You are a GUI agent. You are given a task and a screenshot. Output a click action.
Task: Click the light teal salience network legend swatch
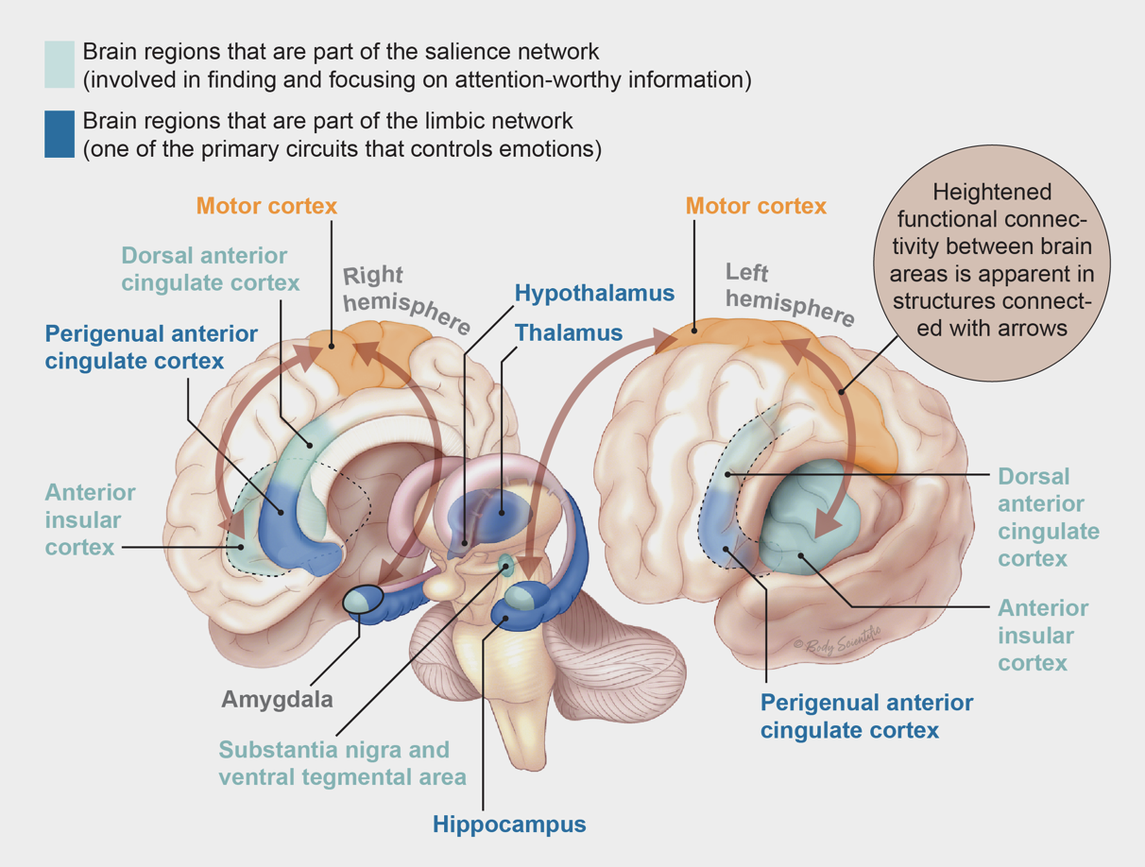pyautogui.click(x=60, y=64)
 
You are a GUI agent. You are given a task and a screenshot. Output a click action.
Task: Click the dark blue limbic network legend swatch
pyautogui.click(x=60, y=134)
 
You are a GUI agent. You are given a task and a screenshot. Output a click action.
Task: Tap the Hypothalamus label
pyautogui.click(x=594, y=293)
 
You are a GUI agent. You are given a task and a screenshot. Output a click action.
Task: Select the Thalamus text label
pyautogui.click(x=569, y=332)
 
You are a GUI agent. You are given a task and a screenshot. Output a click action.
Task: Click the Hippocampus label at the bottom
pyautogui.click(x=509, y=824)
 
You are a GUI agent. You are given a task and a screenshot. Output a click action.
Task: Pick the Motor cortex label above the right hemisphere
pyautogui.click(x=266, y=205)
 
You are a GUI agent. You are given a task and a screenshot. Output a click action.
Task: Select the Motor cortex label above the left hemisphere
pyautogui.click(x=756, y=205)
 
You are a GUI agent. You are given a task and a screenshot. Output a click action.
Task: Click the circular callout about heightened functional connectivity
pyautogui.click(x=1004, y=261)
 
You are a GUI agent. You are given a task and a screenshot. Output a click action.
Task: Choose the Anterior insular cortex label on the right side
pyautogui.click(x=1043, y=635)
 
